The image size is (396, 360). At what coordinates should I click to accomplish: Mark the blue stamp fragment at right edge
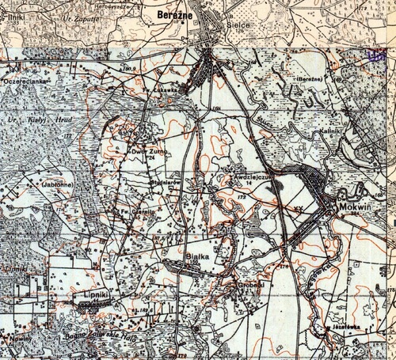(x=378, y=56)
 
